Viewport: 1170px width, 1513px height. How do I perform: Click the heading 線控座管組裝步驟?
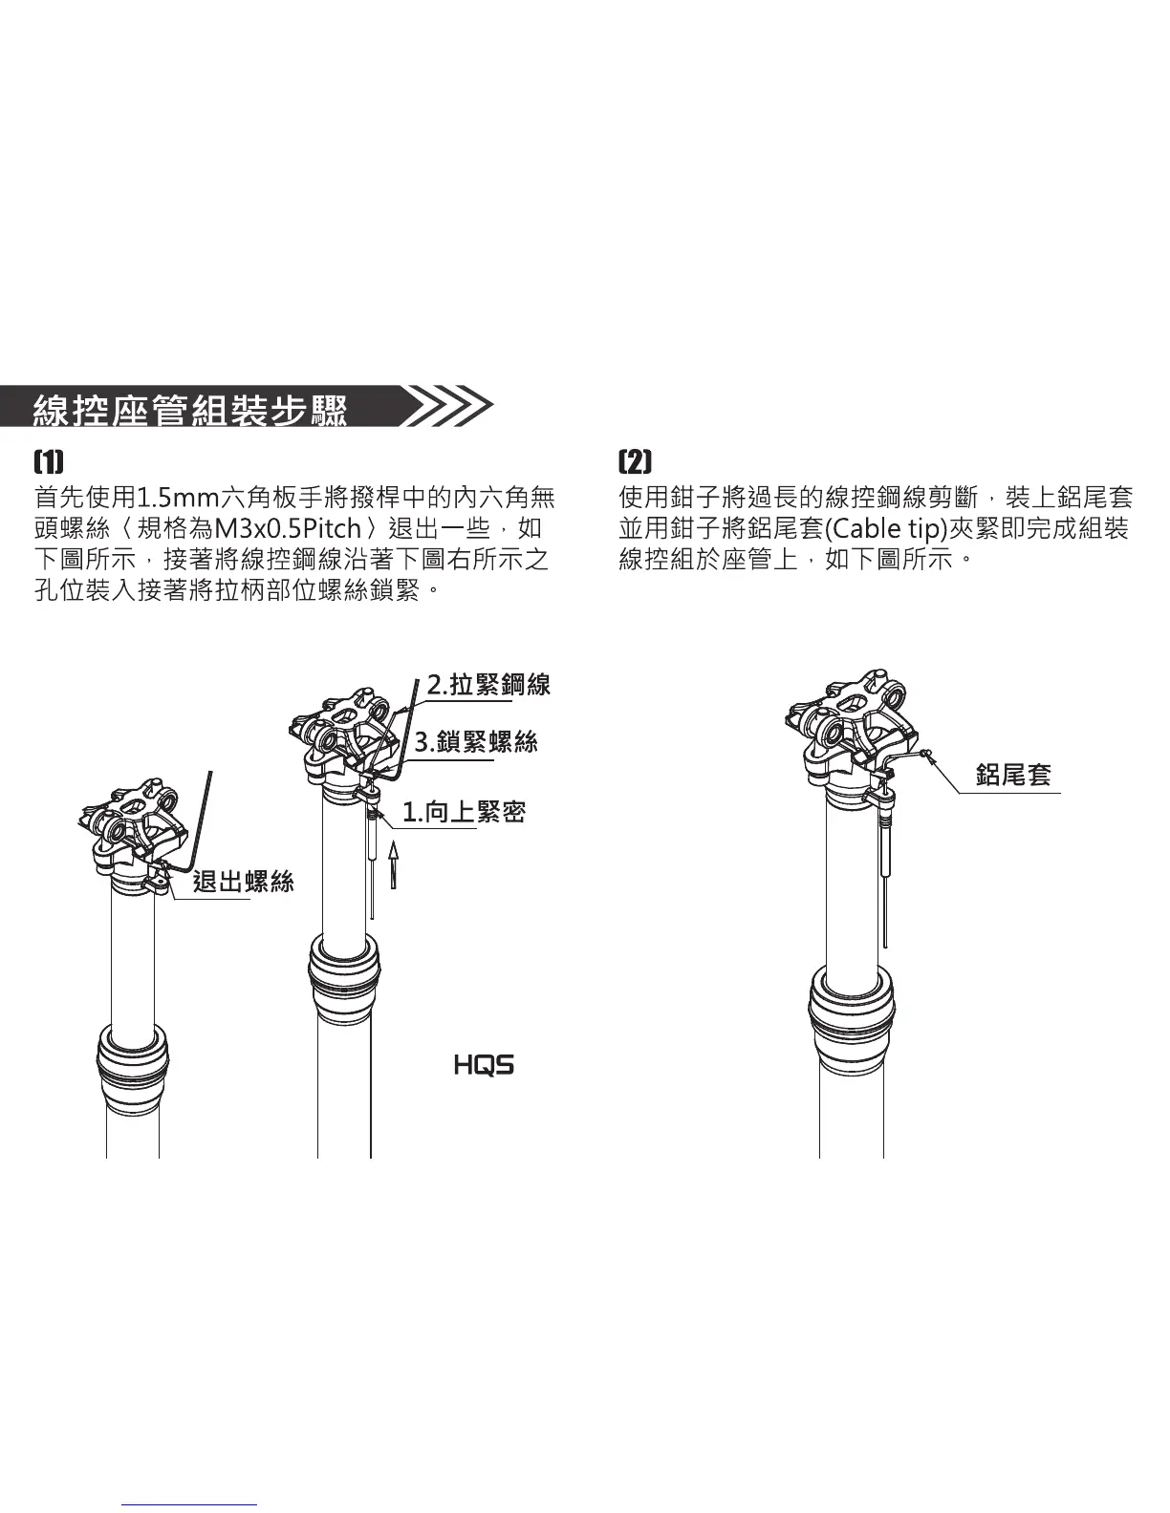(x=189, y=409)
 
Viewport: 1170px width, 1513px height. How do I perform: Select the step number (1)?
(x=49, y=461)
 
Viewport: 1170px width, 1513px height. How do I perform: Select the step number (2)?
(x=635, y=461)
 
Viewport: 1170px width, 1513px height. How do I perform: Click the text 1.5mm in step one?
(x=178, y=498)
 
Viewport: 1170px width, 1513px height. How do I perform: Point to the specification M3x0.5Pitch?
(x=287, y=528)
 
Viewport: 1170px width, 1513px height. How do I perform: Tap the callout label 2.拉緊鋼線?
(x=487, y=684)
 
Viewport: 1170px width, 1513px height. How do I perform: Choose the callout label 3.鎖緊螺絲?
(x=475, y=741)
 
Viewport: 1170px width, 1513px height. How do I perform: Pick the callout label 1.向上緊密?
(x=463, y=812)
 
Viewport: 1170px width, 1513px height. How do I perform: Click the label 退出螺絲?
(x=243, y=881)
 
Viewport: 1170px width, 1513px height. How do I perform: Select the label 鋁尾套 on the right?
(x=1012, y=775)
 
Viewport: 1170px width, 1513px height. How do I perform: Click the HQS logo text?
(x=484, y=1065)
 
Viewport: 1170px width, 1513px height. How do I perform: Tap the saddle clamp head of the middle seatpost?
(x=343, y=732)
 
